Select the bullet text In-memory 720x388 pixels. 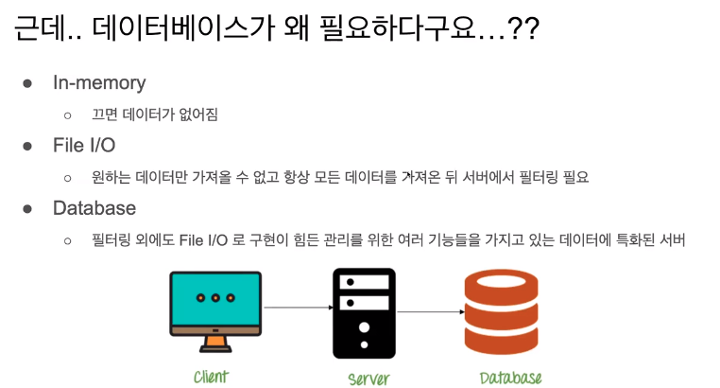(x=99, y=82)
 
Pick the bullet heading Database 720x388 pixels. (x=94, y=208)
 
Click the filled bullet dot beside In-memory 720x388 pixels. (x=29, y=83)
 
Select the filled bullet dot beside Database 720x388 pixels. (x=29, y=209)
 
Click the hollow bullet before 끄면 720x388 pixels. (x=67, y=115)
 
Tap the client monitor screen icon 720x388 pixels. (x=215, y=298)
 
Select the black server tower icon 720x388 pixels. (x=364, y=313)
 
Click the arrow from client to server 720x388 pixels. (x=297, y=308)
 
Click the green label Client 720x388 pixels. (x=211, y=377)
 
